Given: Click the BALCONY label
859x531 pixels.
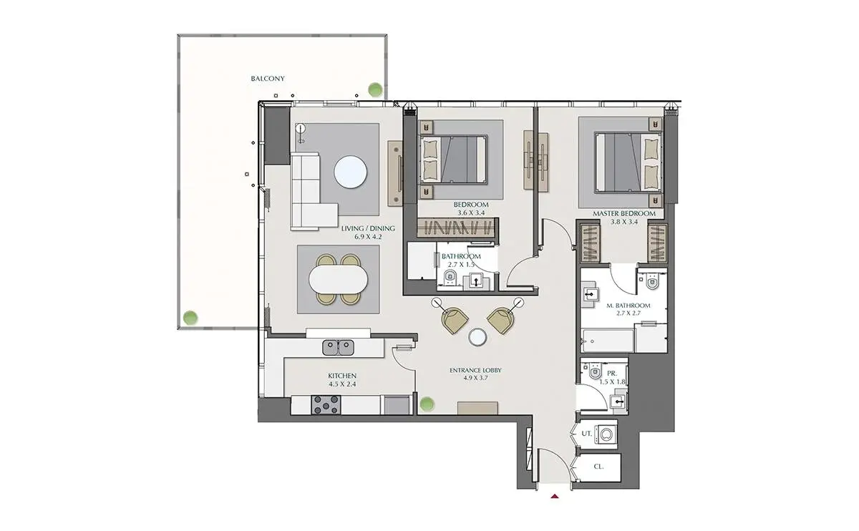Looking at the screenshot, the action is (x=268, y=79).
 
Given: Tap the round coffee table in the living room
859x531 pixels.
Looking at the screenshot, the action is (x=350, y=171).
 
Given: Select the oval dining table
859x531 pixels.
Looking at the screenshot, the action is (x=338, y=279).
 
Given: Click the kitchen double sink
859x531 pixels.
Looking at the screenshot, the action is (x=338, y=347).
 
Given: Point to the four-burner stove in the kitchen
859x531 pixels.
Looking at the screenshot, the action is (x=326, y=405).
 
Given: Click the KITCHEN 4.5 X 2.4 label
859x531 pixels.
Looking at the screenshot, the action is (x=342, y=379).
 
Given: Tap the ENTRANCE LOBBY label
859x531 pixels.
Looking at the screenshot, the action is (x=475, y=371).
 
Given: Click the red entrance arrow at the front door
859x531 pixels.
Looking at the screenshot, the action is (x=555, y=496).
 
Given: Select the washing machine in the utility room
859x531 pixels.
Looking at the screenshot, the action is (x=606, y=434).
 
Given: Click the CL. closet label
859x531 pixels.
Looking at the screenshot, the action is (x=598, y=467).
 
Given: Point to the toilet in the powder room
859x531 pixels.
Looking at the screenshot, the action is (x=595, y=371).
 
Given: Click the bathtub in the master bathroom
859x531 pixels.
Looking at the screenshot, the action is (x=608, y=341).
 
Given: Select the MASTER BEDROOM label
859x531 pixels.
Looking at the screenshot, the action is (x=624, y=213).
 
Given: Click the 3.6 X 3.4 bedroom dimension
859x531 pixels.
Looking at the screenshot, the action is (x=471, y=213).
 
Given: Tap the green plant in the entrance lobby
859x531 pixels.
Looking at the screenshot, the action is (x=427, y=404).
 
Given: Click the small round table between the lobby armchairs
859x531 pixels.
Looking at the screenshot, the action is (x=478, y=337).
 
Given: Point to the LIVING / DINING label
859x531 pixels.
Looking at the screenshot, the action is (x=368, y=228).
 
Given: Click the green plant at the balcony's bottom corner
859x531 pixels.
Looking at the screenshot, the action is (x=190, y=318).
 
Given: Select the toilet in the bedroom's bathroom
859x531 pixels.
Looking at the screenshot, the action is (x=450, y=277).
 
